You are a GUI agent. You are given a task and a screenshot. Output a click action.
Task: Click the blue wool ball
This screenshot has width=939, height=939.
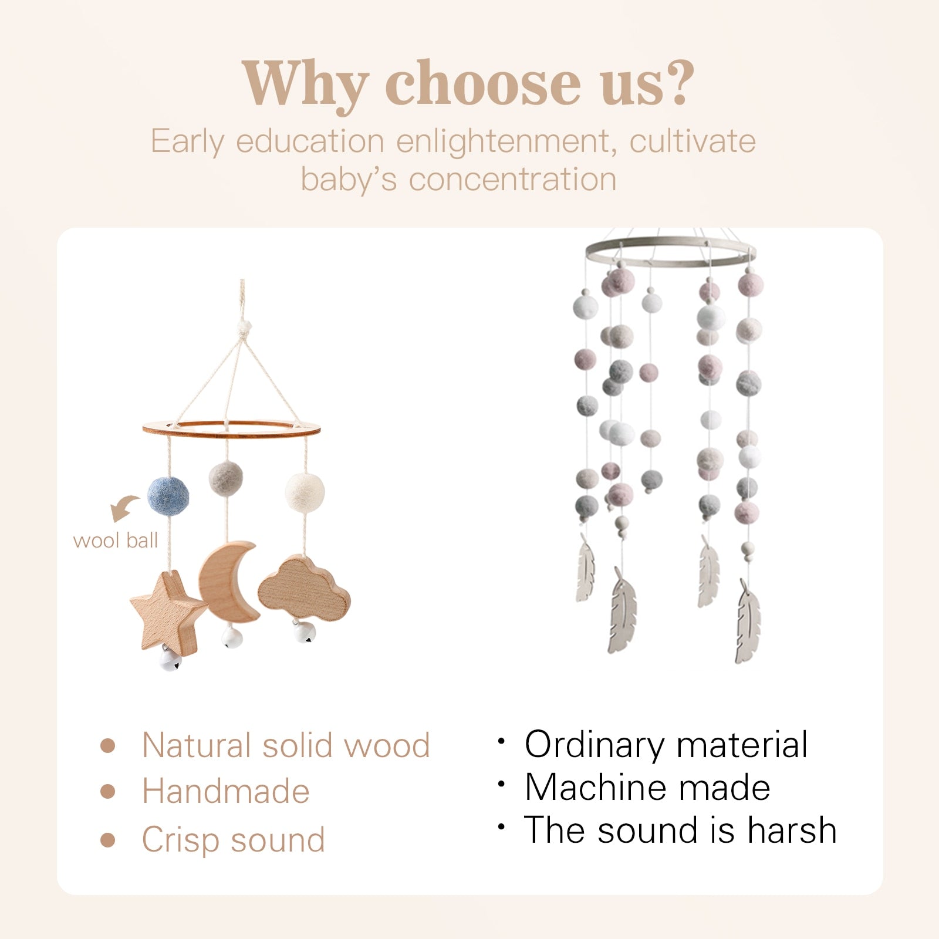(168, 495)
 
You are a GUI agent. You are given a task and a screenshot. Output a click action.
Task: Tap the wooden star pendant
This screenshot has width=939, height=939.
(168, 610)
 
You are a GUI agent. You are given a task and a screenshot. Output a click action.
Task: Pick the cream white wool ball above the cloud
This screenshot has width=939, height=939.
(304, 491)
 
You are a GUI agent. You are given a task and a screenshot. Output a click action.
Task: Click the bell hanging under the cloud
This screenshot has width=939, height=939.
(304, 633)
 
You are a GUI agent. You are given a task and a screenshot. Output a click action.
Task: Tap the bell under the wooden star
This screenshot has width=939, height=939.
(170, 660)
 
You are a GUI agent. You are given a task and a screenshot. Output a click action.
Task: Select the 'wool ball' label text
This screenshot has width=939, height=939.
(116, 541)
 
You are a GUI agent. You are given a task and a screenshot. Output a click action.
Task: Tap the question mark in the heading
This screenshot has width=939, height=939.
(677, 83)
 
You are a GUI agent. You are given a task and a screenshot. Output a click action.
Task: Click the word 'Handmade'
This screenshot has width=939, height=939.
(225, 792)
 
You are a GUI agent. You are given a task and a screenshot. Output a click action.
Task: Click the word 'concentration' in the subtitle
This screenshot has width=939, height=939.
(512, 179)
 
